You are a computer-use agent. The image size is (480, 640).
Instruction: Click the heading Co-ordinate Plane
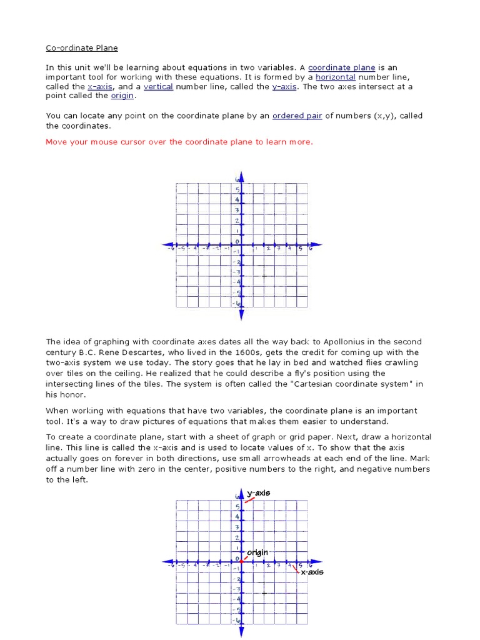tap(81, 47)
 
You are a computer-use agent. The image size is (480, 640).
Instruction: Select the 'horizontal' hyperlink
tap(336, 77)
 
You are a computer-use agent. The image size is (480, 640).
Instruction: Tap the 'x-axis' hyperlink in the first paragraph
tap(100, 86)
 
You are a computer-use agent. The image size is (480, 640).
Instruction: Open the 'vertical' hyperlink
tap(158, 86)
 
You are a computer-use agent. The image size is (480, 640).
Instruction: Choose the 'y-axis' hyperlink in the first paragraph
tap(284, 86)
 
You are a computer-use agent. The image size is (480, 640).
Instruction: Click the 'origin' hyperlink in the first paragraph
tap(122, 96)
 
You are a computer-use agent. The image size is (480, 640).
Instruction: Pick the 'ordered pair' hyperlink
tap(297, 116)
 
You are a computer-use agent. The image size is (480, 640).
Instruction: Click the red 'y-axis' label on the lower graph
tap(259, 493)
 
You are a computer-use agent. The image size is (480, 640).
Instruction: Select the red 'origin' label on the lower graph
tap(257, 552)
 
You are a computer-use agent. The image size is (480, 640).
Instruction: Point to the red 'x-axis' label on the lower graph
tap(312, 572)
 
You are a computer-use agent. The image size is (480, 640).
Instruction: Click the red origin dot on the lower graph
tap(241, 561)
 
